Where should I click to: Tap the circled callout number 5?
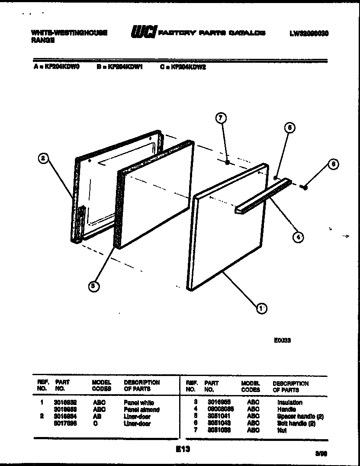click(x=290, y=127)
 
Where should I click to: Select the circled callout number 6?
click(x=333, y=164)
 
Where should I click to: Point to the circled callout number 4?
click(x=298, y=236)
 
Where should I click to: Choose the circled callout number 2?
click(x=42, y=159)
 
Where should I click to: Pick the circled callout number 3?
click(x=92, y=285)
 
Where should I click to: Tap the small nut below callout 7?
click(x=227, y=162)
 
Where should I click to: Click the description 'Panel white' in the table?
click(x=139, y=403)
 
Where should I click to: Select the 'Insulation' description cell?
click(x=289, y=402)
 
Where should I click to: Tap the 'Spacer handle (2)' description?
click(x=300, y=417)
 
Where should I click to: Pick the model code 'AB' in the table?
click(x=97, y=417)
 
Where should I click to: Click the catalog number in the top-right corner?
click(x=309, y=33)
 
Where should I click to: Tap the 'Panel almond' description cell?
click(x=141, y=410)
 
